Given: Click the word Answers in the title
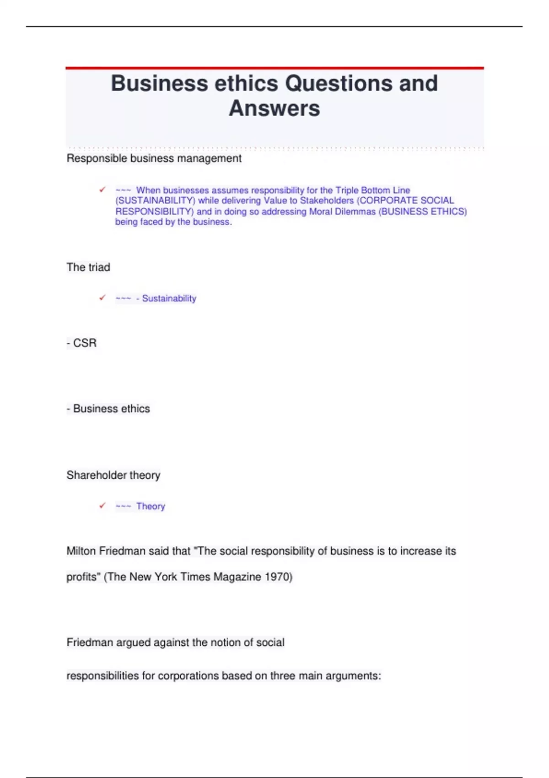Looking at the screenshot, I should coord(274,108).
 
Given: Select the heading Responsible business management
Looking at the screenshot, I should coord(154,158).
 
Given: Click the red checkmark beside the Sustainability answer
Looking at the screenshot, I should coord(102,298).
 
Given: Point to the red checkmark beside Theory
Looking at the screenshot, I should coord(102,506).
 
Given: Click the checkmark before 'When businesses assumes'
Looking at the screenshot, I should coord(102,189).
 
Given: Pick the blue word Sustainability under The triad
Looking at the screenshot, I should coord(169,298).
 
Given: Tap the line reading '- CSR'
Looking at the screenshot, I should coord(82,343).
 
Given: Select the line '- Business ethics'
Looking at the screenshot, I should coord(108,409).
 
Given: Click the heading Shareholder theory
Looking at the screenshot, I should coord(113,475).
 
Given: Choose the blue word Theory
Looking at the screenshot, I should coord(151,506).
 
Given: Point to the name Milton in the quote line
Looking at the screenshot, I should coord(81,551).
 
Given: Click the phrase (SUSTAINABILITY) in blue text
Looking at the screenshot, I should coord(156,200).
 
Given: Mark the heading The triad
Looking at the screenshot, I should coord(88,267).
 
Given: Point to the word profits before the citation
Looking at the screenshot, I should coord(82,577).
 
